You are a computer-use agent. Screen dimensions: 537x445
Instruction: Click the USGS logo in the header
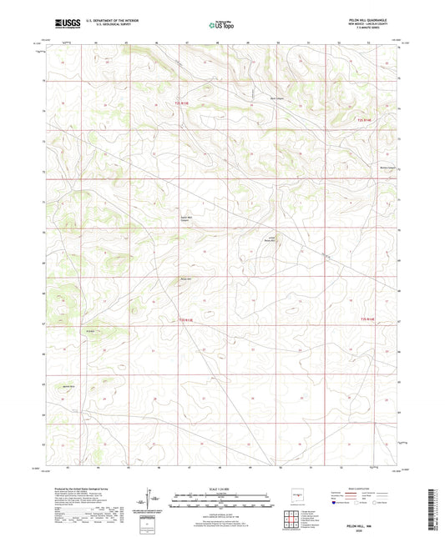tap(65, 23)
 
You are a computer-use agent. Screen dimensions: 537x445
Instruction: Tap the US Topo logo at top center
tap(220, 24)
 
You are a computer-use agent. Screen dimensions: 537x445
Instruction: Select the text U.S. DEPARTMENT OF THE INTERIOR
tap(111, 20)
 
